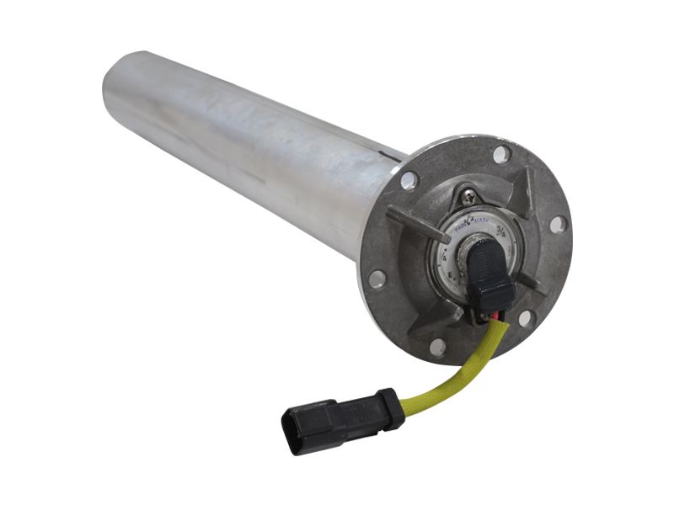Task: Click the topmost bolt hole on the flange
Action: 500,154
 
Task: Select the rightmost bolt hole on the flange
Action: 557,224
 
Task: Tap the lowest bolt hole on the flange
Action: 437,346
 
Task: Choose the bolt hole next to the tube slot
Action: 409,179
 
